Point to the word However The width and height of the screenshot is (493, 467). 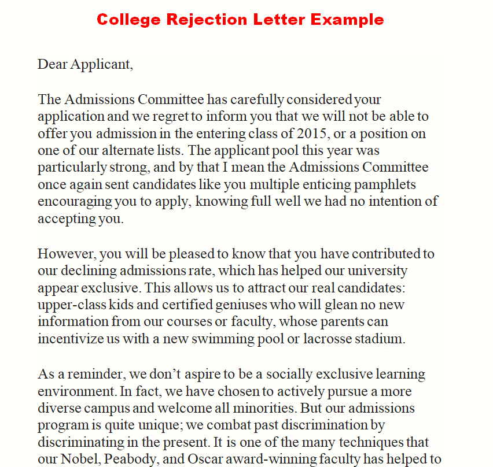tap(64, 254)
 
